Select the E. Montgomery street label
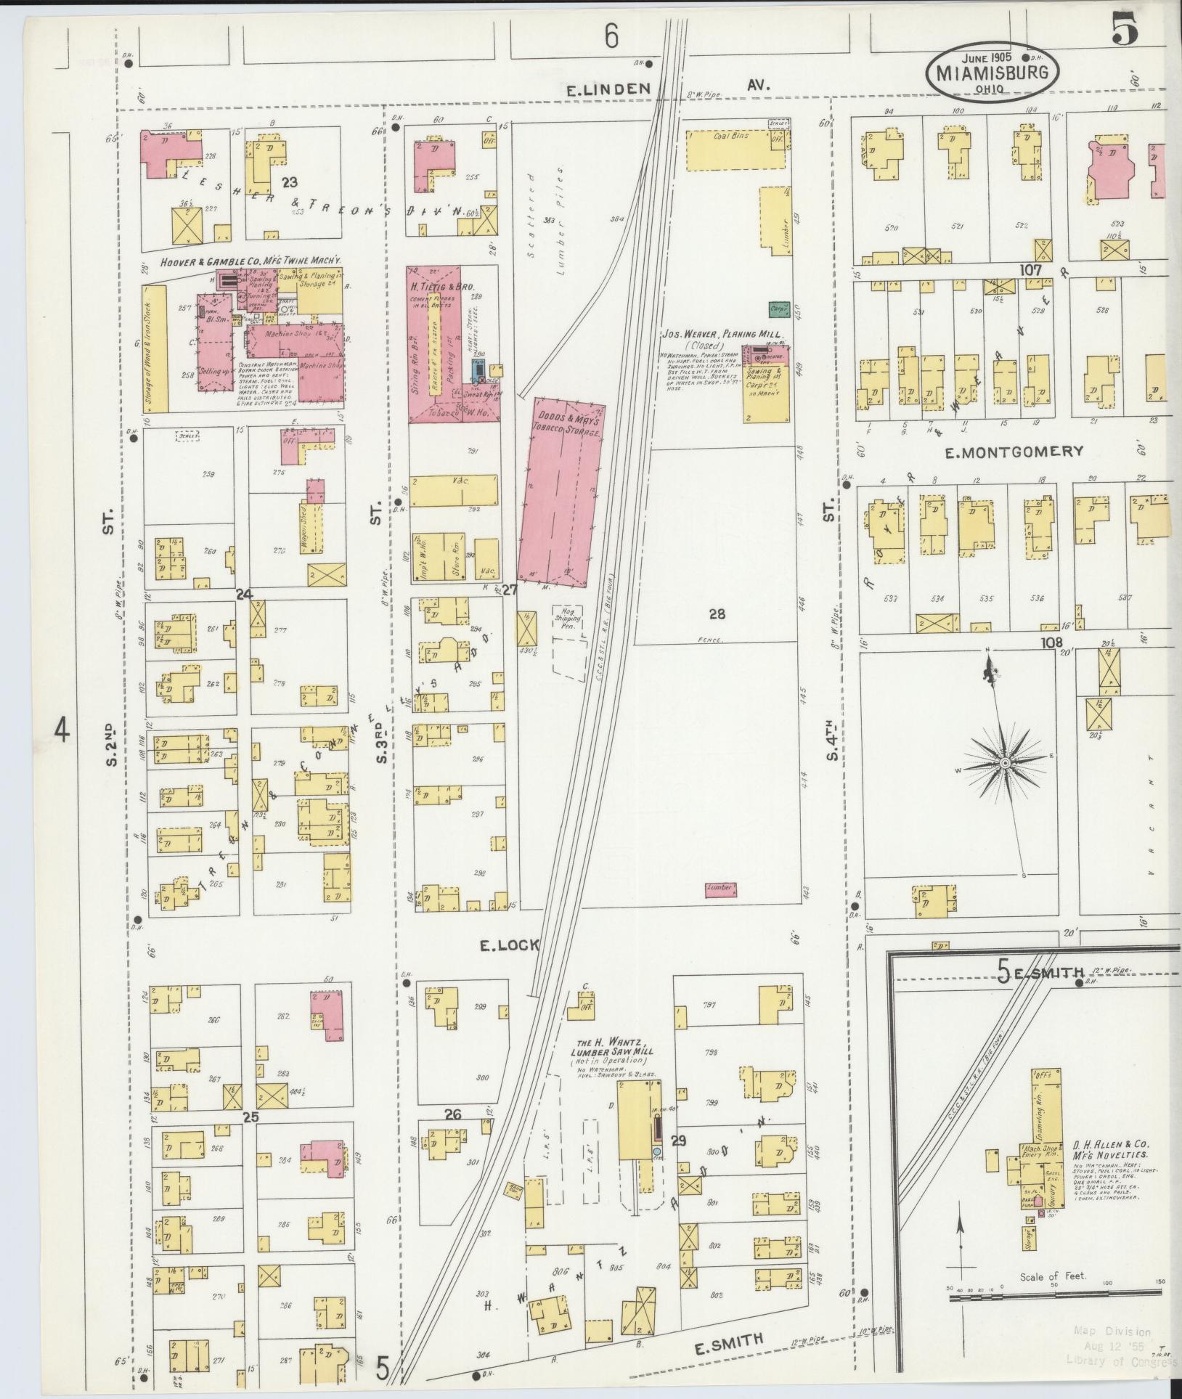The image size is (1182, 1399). tap(1014, 452)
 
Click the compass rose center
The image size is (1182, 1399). tap(1005, 764)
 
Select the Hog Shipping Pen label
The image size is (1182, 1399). tap(568, 620)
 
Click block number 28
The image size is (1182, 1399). tap(717, 614)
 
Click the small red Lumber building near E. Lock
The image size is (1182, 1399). tap(720, 888)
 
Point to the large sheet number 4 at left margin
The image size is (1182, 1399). tap(62, 730)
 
